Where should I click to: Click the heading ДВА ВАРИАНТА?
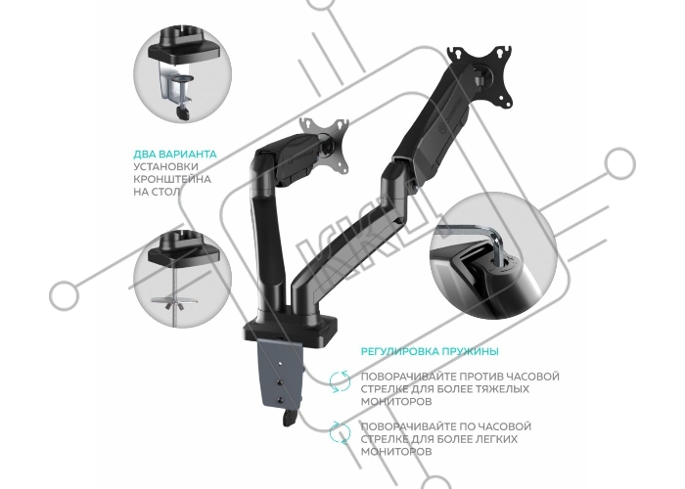point(175,155)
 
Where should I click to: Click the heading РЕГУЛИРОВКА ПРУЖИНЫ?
point(430,351)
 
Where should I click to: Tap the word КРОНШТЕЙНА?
point(172,179)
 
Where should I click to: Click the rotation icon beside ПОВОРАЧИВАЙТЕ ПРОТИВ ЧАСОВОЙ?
point(340,381)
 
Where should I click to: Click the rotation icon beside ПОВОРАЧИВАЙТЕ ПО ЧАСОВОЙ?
point(340,432)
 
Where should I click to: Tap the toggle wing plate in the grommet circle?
point(173,302)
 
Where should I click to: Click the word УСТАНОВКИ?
point(165,166)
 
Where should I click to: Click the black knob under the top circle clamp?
point(182,112)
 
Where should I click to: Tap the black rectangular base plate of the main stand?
point(292,329)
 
